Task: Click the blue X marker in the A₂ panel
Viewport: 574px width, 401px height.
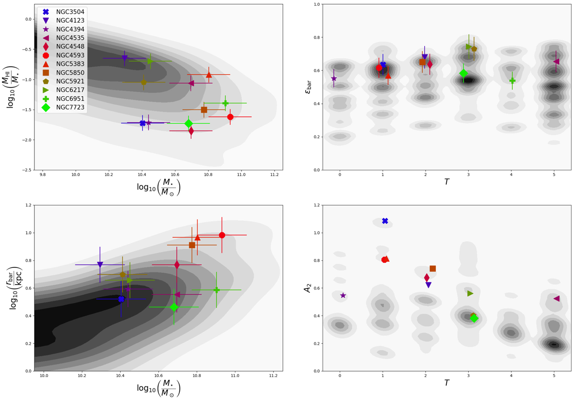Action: pyautogui.click(x=385, y=221)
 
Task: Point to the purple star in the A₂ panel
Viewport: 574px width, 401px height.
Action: pyautogui.click(x=343, y=295)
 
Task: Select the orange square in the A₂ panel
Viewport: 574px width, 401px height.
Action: pyautogui.click(x=432, y=268)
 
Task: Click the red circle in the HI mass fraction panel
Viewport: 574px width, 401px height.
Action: pyautogui.click(x=230, y=117)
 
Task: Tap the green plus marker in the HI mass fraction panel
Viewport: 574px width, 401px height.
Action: pyautogui.click(x=225, y=103)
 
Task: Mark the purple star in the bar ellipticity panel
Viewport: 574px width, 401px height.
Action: pyautogui.click(x=334, y=78)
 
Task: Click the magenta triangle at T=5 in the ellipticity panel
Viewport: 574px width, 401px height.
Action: pyautogui.click(x=556, y=61)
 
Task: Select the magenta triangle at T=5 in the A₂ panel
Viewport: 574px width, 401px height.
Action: pyautogui.click(x=556, y=298)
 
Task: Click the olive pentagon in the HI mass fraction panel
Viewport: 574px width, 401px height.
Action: pyautogui.click(x=143, y=82)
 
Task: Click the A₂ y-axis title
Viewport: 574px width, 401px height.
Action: pyautogui.click(x=308, y=288)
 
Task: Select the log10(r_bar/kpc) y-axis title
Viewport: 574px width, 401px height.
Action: pyautogui.click(x=14, y=288)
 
